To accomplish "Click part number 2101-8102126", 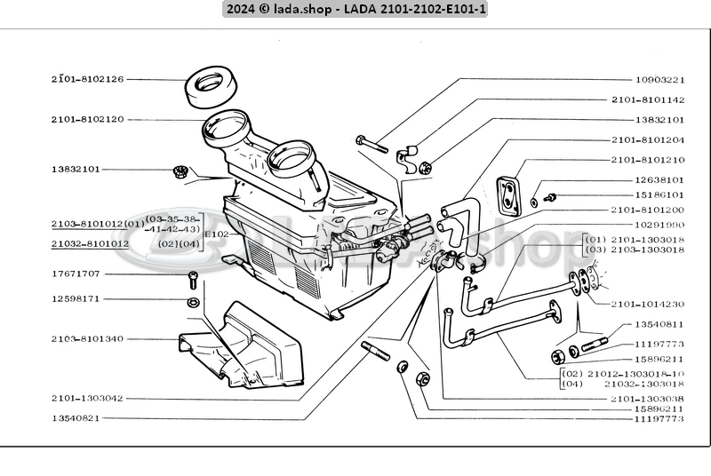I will coord(87,79).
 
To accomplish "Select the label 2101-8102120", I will coord(87,118).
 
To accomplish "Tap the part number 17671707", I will coord(76,274).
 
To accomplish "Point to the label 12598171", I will coord(76,299).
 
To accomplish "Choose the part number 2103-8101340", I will coord(87,339).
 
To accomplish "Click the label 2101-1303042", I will coord(87,399).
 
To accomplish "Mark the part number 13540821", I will coord(76,417).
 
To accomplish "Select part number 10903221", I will coord(659,79).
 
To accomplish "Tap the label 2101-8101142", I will coord(648,99).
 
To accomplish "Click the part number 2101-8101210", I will coord(648,160).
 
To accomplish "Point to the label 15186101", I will coord(659,194).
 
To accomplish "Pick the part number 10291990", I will coord(659,225).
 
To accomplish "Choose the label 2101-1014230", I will coord(648,304).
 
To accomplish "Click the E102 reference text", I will coord(216,234).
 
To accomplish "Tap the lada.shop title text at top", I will coord(355,9).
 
